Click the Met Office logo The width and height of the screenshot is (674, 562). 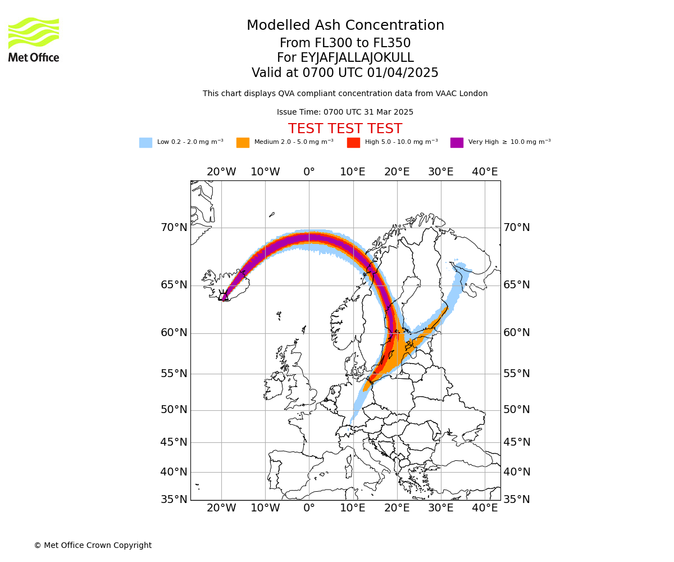pyautogui.click(x=34, y=39)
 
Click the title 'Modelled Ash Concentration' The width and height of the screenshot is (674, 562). pyautogui.click(x=345, y=25)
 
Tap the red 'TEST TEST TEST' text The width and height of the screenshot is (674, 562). pyautogui.click(x=345, y=129)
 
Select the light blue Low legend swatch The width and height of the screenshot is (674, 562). pyautogui.click(x=145, y=143)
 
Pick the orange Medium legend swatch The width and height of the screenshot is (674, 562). pyautogui.click(x=243, y=143)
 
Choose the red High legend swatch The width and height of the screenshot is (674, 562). pyautogui.click(x=353, y=143)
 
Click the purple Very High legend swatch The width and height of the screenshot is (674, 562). pyautogui.click(x=457, y=143)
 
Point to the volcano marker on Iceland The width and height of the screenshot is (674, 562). pyautogui.click(x=224, y=295)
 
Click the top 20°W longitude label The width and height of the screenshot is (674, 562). pyautogui.click(x=221, y=172)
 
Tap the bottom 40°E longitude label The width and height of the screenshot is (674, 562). pyautogui.click(x=485, y=508)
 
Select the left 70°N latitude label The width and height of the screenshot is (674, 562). pyautogui.click(x=174, y=228)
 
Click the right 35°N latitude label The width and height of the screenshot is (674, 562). pyautogui.click(x=517, y=499)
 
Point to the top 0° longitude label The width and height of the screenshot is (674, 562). pyautogui.click(x=309, y=172)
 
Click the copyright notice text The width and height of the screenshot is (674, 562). pyautogui.click(x=93, y=545)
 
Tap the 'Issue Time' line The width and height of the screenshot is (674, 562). pyautogui.click(x=345, y=112)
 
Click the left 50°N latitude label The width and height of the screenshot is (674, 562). pyautogui.click(x=174, y=410)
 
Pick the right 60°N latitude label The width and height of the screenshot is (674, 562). pyautogui.click(x=517, y=333)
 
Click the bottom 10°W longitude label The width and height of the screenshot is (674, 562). pyautogui.click(x=265, y=508)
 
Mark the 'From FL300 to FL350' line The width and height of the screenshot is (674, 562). pyautogui.click(x=345, y=43)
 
